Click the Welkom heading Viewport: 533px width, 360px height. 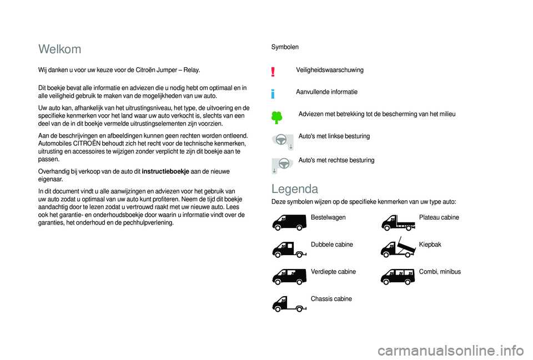coord(60,49)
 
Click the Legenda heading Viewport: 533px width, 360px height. coord(295,188)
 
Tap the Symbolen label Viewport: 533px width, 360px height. coord(284,47)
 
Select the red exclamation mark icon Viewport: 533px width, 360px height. coord(273,71)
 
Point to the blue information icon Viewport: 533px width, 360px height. coord(273,93)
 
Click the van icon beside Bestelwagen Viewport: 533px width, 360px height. coord(289,222)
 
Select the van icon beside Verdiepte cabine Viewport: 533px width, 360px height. coord(289,276)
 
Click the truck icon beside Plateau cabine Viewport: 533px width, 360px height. coord(398,222)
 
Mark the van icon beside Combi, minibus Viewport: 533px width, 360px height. coord(398,276)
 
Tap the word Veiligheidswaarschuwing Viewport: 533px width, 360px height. coord(330,70)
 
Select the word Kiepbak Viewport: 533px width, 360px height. coord(430,245)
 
